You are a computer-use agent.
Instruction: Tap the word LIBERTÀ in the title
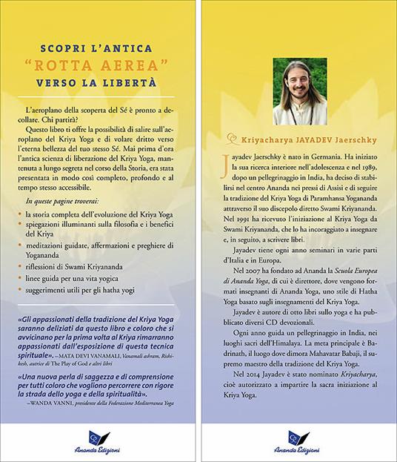tap(133, 79)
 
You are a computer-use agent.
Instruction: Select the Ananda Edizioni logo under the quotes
tap(98, 440)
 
